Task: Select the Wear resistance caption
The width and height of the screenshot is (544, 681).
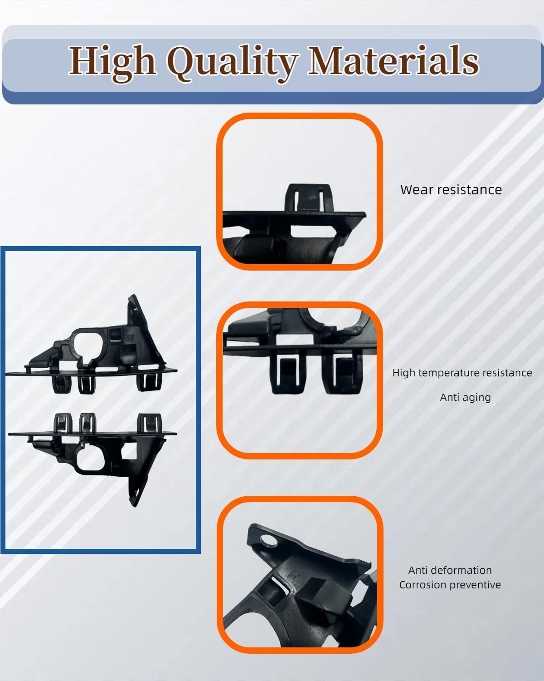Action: [x=451, y=190]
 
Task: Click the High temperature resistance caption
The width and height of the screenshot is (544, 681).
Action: [x=462, y=373]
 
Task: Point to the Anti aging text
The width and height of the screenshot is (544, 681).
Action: [x=465, y=397]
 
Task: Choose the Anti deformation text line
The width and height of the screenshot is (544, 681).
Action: [x=450, y=570]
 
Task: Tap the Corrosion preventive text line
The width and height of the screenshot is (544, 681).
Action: [x=450, y=585]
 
